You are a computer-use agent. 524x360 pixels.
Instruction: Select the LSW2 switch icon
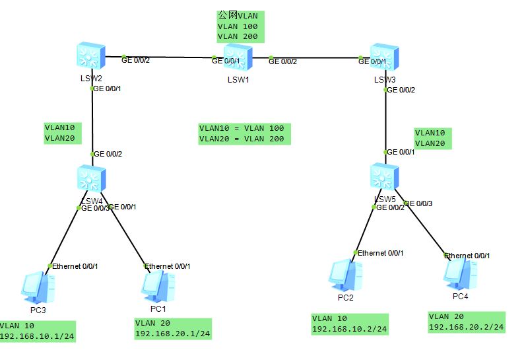[x=89, y=57]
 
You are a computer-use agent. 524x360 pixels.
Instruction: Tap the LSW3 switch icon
[x=384, y=57]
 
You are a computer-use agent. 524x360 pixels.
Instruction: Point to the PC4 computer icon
[x=460, y=273]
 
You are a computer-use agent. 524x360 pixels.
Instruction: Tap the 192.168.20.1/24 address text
[x=172, y=333]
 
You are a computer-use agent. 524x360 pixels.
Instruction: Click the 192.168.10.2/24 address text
[x=349, y=328]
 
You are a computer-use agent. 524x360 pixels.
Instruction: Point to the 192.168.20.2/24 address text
[x=467, y=326]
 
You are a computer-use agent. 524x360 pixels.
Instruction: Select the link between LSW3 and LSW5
[x=384, y=119]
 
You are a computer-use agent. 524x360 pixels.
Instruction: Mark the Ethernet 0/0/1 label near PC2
[x=381, y=253]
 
